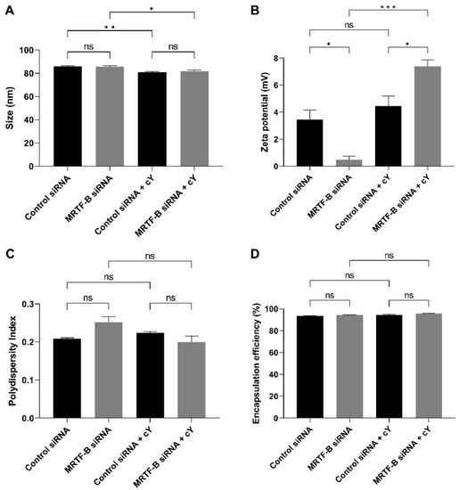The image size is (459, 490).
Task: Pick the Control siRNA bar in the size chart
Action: point(68,116)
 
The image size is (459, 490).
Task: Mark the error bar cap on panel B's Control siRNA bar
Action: point(310,110)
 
